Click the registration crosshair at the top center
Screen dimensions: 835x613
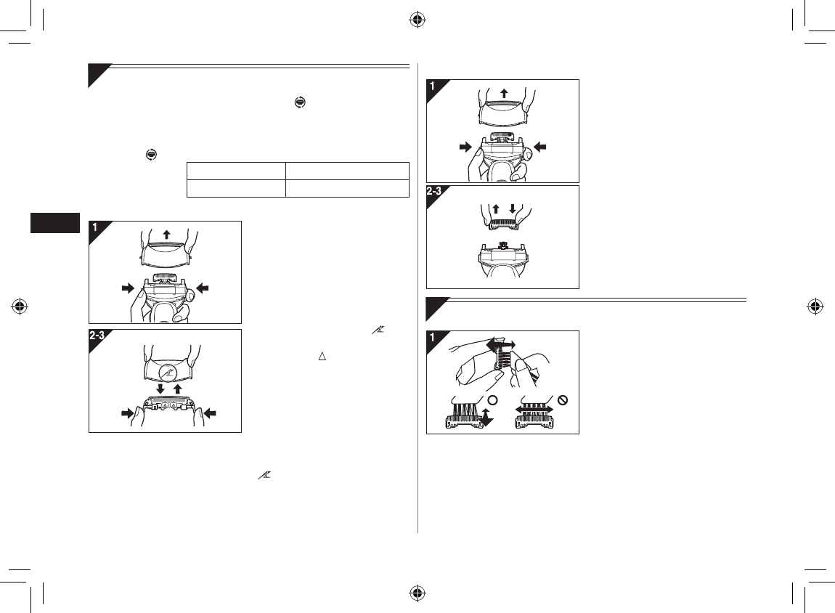417,20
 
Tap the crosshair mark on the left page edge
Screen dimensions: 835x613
20,306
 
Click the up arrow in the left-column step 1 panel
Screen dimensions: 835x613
166,235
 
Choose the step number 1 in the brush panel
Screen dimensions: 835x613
433,338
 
